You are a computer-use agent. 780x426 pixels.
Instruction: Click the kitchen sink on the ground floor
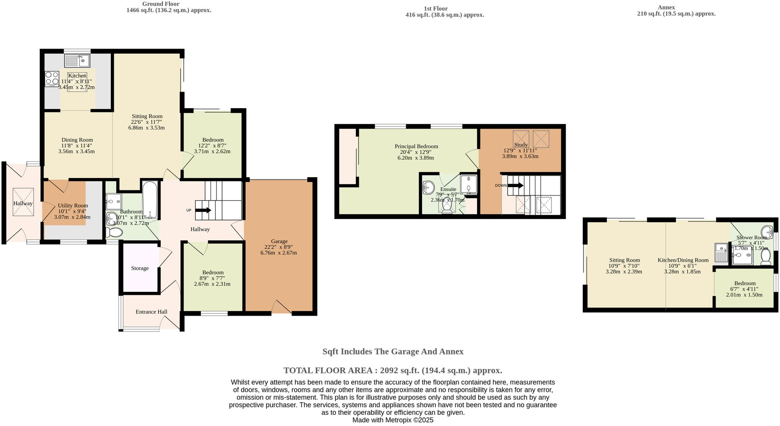[77, 60]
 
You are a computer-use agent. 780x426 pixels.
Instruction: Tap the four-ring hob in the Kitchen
[52, 78]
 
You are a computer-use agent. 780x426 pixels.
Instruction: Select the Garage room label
[279, 241]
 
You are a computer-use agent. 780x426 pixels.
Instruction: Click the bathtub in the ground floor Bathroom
[150, 200]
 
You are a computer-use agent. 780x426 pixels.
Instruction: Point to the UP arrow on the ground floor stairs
[203, 210]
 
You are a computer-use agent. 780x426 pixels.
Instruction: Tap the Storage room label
[140, 268]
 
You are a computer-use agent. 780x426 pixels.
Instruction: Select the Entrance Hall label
[151, 312]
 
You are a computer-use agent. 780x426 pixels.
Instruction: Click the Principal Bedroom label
[416, 146]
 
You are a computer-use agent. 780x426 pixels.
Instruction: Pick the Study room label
[520, 145]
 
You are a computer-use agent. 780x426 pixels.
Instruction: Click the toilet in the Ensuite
[447, 206]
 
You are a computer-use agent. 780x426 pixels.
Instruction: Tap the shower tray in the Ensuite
[468, 184]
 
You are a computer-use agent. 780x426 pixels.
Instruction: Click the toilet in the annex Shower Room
[766, 256]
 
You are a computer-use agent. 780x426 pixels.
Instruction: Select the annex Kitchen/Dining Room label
[683, 260]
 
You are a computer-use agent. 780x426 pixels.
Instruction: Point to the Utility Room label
[73, 205]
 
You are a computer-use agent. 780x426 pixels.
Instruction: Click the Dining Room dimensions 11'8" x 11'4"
[77, 146]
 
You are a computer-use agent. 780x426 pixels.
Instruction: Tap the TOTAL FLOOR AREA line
[393, 370]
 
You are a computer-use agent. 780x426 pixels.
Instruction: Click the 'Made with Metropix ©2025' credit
[393, 420]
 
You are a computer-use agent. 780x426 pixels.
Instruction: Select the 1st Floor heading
[436, 9]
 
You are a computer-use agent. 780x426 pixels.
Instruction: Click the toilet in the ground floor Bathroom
[113, 232]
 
